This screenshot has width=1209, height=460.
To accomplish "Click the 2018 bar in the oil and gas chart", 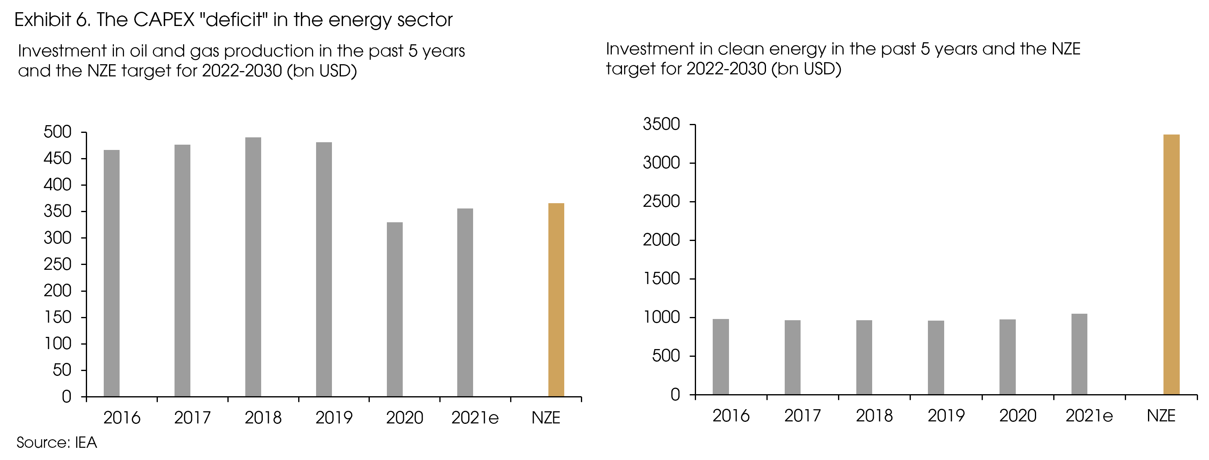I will pos(253,267).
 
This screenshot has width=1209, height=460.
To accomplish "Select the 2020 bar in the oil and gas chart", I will pos(394,310).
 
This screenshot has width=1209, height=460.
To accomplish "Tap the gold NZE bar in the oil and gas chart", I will pos(556,300).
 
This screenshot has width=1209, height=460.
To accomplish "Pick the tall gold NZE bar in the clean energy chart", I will pos(1172,265).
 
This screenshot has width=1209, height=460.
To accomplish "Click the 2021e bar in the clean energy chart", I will pos(1079,354).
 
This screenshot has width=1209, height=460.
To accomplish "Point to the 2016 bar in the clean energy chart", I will pos(720,356).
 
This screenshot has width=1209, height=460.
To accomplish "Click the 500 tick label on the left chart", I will pos(57,132).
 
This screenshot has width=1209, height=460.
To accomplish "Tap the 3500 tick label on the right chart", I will pos(661,124).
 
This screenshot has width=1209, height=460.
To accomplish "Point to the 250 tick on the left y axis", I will pos(57,265).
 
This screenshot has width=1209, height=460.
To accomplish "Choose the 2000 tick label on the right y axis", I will pos(661,240).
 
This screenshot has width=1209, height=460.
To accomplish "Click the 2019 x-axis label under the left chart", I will pos(334,418).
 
